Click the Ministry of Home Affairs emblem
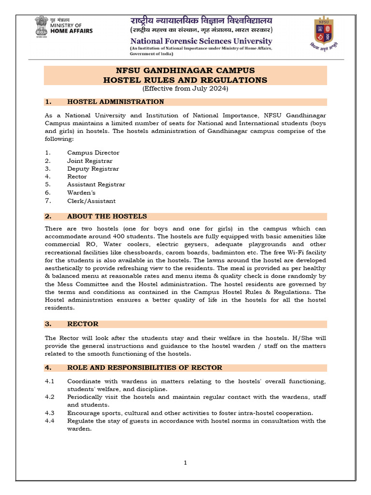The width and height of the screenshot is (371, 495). [x=41, y=26]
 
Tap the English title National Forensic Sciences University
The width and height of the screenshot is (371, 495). [x=201, y=41]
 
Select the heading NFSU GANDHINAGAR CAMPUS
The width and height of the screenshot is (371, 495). [x=185, y=71]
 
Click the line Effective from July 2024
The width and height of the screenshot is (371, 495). [x=185, y=88]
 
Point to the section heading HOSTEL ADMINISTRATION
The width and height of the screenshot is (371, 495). [x=115, y=102]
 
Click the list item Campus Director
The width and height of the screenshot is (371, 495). [x=93, y=153]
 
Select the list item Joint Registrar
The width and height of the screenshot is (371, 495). [x=90, y=160]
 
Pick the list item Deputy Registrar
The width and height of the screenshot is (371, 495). [x=93, y=169]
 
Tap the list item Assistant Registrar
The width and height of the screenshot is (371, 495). [x=96, y=185]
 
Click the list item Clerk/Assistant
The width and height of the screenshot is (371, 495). [x=91, y=201]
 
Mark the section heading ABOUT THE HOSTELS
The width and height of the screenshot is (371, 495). [x=107, y=216]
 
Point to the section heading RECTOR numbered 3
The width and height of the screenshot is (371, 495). [x=83, y=324]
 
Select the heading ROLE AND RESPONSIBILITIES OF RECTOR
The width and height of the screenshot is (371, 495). [x=144, y=367]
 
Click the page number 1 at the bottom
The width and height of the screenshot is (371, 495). [x=185, y=463]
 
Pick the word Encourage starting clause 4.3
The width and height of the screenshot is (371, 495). [x=84, y=413]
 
